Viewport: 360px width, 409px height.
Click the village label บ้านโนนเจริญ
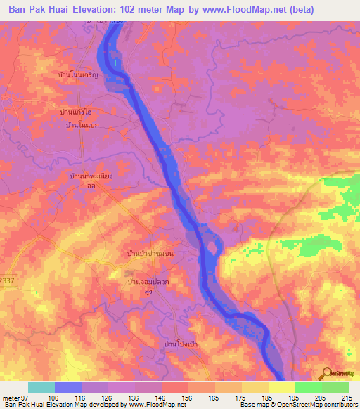pos(88,73)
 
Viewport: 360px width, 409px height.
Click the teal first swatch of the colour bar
pos(41,387)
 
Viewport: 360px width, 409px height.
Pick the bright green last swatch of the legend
pos(335,387)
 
